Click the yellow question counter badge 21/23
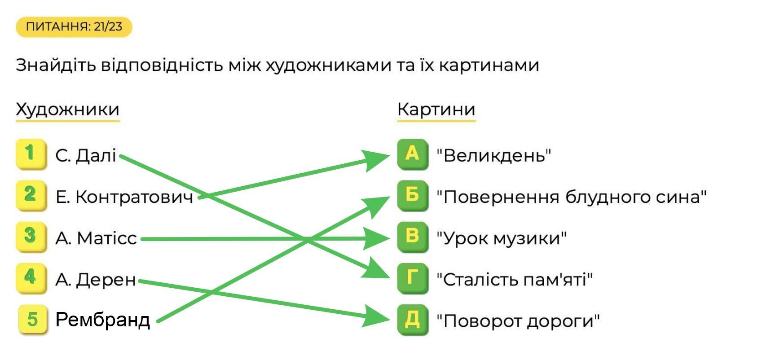pos(74,27)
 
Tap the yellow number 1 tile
pos(31,154)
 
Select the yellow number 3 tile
pos(31,237)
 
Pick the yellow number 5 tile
pos(33,320)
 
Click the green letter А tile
pos(412,154)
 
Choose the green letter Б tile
pos(412,195)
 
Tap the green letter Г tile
pos(412,278)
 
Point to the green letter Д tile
pos(412,320)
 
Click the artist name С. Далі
pos(86,156)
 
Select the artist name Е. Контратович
pos(124,197)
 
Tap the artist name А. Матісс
pos(96,238)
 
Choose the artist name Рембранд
pos(102,320)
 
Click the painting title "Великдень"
pos(493,156)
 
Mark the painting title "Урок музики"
pos(502,238)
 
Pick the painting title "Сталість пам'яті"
pos(514,280)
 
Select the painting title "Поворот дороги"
pos(518,321)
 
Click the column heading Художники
pos(68,110)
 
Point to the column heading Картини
pos(436,110)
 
